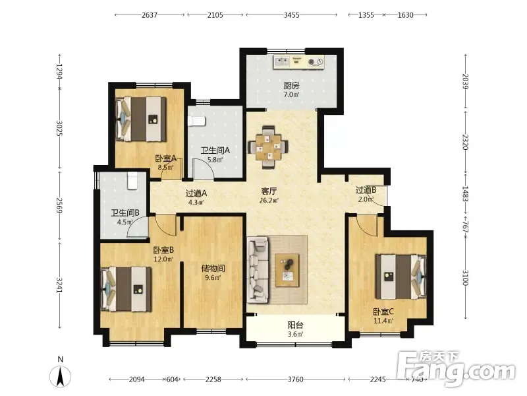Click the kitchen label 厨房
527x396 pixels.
click(x=291, y=86)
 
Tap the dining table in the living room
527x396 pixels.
click(x=268, y=147)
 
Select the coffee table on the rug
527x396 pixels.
click(x=287, y=271)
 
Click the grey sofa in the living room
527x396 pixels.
click(x=258, y=270)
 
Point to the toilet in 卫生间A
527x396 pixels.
click(x=196, y=121)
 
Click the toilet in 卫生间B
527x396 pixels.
click(x=132, y=181)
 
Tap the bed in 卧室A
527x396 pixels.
click(x=141, y=119)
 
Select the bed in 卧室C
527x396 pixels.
click(x=401, y=277)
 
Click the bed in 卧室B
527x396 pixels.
click(x=126, y=289)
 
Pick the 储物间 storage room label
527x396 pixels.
click(x=213, y=269)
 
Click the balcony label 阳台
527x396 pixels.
click(x=295, y=325)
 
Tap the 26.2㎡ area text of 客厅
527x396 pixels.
click(x=269, y=201)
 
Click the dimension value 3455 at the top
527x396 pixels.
click(x=291, y=15)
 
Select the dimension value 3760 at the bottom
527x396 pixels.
click(x=295, y=379)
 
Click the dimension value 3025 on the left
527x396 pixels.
click(x=59, y=128)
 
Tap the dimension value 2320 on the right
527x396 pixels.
click(x=466, y=142)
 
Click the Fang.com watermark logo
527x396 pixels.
click(x=456, y=370)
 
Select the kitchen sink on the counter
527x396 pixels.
click(x=282, y=61)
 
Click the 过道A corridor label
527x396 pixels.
click(x=196, y=193)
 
